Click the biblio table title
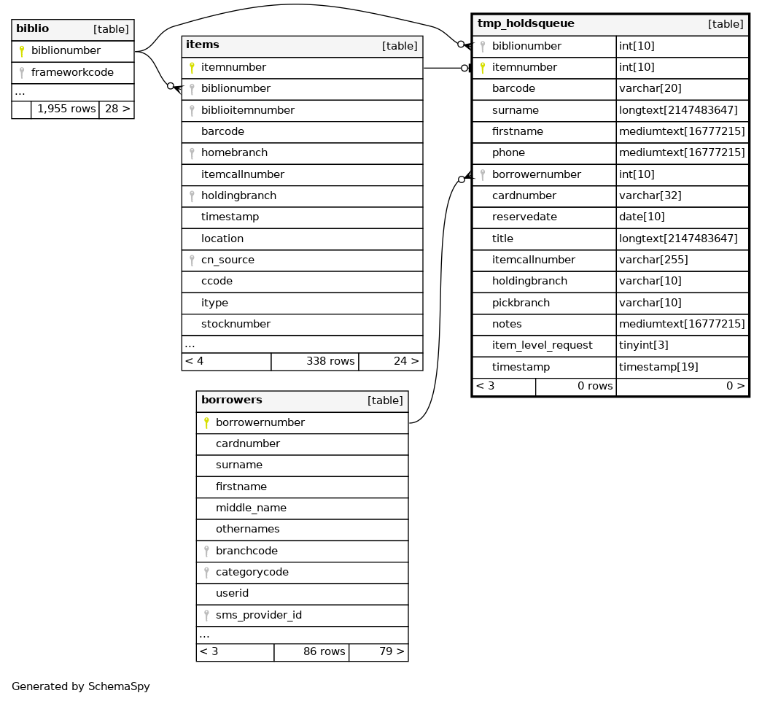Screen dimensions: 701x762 (33, 29)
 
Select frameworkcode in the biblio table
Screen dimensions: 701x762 (72, 73)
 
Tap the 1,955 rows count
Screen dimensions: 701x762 (66, 109)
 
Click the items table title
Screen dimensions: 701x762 (203, 45)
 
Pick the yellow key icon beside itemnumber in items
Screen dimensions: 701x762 (192, 68)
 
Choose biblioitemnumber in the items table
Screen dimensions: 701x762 (247, 110)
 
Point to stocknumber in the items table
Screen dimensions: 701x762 (236, 324)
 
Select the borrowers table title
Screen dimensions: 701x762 (231, 400)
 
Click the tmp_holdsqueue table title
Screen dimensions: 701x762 (526, 24)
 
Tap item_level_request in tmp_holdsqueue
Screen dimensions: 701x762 (542, 345)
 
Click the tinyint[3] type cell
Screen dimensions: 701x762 (643, 345)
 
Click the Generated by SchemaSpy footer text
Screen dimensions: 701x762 (80, 686)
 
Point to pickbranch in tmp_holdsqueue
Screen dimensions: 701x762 (521, 302)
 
